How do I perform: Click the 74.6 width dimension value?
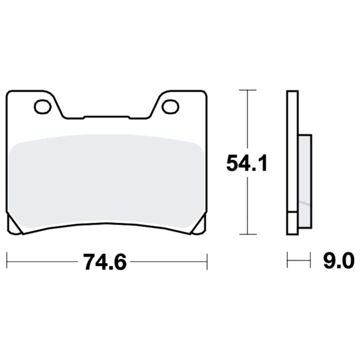105,262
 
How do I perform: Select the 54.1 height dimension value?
247,163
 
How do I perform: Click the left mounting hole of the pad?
42,107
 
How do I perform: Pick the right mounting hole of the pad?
170,107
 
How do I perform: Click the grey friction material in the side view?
305,181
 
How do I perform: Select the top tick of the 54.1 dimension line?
248,90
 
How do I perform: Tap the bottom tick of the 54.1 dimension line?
248,234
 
